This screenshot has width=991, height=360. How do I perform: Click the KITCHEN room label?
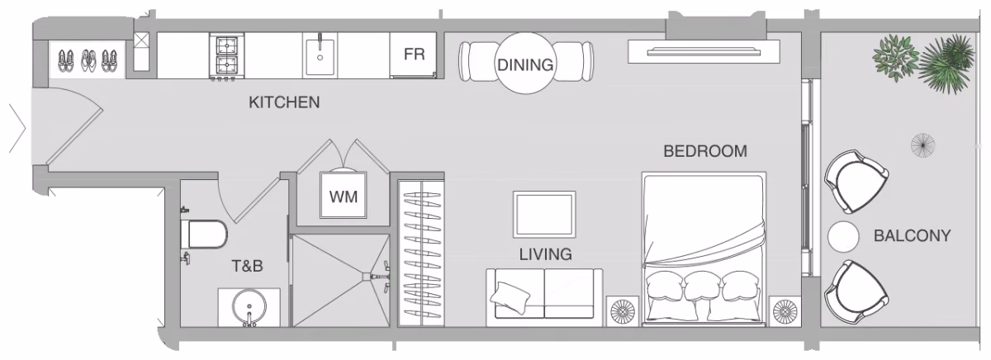coord(284,102)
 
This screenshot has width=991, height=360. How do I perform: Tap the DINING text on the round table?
coord(525,65)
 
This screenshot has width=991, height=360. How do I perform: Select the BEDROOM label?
coord(705,151)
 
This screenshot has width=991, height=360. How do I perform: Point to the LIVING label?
coord(546,254)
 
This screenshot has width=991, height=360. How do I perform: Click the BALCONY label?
coord(913,235)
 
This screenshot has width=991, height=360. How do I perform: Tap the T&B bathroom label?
coord(247,266)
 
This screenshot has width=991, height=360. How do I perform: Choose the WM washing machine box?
coord(344,195)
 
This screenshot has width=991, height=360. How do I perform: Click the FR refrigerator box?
coord(414,54)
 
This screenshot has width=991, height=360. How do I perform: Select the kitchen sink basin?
coord(320,57)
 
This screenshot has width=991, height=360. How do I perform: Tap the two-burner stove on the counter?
coord(226,57)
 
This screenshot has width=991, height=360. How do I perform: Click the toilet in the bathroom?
coord(203,234)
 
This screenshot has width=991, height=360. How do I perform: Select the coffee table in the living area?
coord(544,215)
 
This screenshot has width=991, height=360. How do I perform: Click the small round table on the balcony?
coord(843,237)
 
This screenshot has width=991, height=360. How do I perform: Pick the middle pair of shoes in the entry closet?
coord(89,60)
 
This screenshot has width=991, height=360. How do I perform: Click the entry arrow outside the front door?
coord(17,128)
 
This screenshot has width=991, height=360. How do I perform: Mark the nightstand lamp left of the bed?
coord(622,311)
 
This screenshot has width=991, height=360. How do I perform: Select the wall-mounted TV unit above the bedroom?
coord(704,52)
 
